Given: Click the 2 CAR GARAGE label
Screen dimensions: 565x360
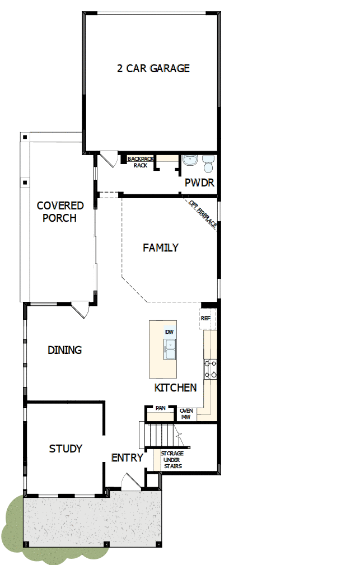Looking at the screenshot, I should coord(153,68).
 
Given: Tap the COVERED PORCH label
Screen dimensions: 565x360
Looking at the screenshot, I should coord(60,212).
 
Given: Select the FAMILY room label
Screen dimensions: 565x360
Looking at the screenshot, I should coord(160,247).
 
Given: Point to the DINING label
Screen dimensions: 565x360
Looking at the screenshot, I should coord(64,350).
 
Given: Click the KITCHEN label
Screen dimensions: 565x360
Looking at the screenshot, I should coord(175,387).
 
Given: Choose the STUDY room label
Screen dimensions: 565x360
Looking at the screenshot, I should coord(66,449).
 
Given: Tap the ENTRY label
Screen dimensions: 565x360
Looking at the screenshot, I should coord(127,457).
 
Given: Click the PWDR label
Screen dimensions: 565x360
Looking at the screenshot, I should coord(199,183).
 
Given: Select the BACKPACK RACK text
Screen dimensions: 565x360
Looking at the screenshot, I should coord(140,162).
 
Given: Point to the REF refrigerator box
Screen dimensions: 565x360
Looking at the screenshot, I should coord(205,318).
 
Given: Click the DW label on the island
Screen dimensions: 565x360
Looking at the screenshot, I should coord(170,332).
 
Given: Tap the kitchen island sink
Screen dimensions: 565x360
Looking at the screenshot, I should coord(170,349).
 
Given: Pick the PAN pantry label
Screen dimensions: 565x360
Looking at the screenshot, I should coord(160,409).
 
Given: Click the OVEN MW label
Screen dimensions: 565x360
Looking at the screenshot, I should coord(186,414).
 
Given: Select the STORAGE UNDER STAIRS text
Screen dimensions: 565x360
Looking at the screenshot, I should coord(172,460).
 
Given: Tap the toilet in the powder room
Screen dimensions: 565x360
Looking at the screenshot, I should coord(208,164).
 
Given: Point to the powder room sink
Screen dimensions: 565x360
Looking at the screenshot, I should coord(189,161).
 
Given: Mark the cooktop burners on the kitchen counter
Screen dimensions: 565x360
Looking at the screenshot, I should coord(211,369).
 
